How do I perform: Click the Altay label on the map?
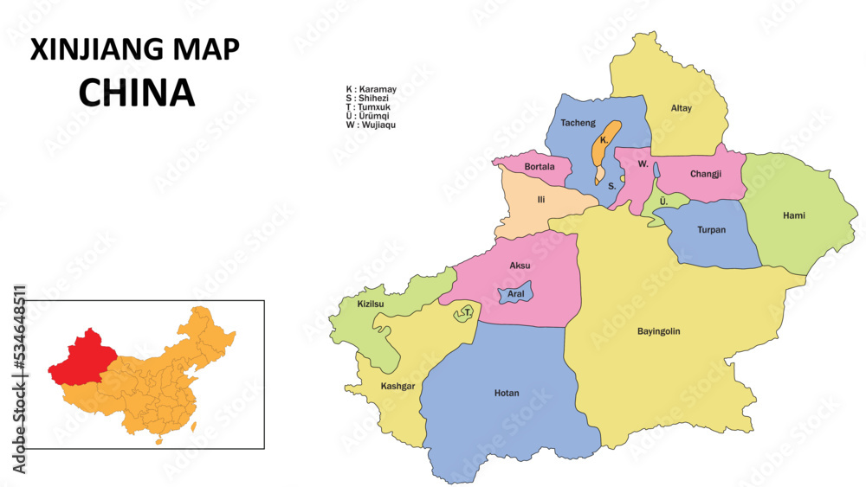pyautogui.click(x=682, y=108)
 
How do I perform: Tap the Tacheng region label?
pyautogui.click(x=578, y=123)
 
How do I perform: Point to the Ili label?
pyautogui.click(x=541, y=200)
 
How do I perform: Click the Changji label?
pyautogui.click(x=706, y=174)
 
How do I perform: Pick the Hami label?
pyautogui.click(x=793, y=215)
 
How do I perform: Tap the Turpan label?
pyautogui.click(x=711, y=230)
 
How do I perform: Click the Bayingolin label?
pyautogui.click(x=658, y=331)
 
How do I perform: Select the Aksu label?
pyautogui.click(x=520, y=265)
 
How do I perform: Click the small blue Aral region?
pyautogui.click(x=516, y=294)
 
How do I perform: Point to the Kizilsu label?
pyautogui.click(x=370, y=304)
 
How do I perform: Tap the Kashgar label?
pyautogui.click(x=397, y=386)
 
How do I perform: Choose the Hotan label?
pyautogui.click(x=507, y=394)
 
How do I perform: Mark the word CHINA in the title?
pyautogui.click(x=136, y=93)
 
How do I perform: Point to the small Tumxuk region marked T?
pyautogui.click(x=466, y=313)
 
